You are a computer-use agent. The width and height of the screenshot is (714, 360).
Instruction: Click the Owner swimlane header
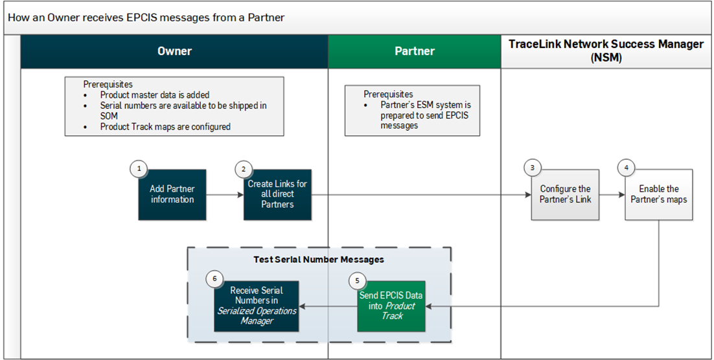coord(174,51)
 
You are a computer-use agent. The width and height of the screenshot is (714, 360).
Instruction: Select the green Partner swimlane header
coord(415,51)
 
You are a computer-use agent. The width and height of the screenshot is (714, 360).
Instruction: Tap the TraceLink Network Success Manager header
coord(606,51)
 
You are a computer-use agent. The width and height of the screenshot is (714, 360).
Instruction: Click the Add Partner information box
coord(172,195)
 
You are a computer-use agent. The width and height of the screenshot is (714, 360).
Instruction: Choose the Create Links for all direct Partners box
coord(277,194)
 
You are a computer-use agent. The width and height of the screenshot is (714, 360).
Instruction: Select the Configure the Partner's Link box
coord(565,194)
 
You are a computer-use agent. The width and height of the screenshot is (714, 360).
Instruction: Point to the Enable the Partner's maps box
coord(658,194)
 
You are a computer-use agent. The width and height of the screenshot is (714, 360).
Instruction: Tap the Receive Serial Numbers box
coord(257,306)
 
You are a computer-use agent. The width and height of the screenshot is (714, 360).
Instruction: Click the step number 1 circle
coord(138,169)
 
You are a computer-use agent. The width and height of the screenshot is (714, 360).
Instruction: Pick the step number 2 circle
coord(243,169)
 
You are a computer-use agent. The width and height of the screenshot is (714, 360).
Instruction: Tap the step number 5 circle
coord(357,280)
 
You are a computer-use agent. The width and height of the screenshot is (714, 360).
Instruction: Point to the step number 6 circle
coord(214,279)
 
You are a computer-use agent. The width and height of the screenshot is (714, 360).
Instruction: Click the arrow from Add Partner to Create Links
coord(224,194)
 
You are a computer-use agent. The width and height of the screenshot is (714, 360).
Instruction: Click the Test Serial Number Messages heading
coord(319,260)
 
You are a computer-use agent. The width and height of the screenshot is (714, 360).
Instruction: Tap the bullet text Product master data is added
coord(155,95)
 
